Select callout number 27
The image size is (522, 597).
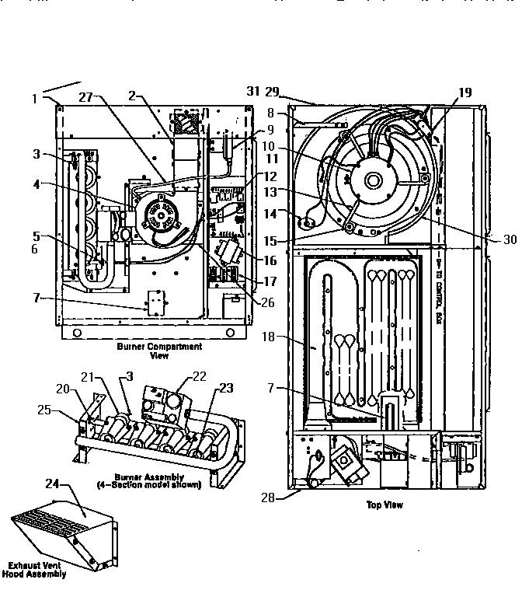click(x=86, y=97)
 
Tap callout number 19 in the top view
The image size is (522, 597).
click(x=465, y=93)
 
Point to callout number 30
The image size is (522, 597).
click(x=510, y=240)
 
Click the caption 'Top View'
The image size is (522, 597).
click(x=384, y=504)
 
